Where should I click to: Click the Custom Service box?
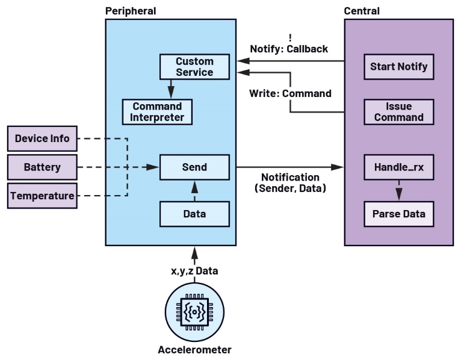[194, 67]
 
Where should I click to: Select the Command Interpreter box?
[158, 112]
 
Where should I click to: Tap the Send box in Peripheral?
[194, 167]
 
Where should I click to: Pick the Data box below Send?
[194, 214]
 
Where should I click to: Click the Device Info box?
[42, 139]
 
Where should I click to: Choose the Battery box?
[42, 167]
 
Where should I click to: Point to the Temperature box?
[42, 196]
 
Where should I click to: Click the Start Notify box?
[398, 66]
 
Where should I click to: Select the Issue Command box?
[398, 112]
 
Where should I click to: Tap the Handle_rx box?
[398, 167]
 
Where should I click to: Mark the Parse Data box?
[398, 214]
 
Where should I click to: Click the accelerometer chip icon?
[194, 312]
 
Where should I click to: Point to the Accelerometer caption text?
[194, 350]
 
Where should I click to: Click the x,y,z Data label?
[194, 271]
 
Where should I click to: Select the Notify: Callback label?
[289, 49]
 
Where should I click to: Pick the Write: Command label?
[290, 93]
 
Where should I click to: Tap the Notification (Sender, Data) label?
[290, 182]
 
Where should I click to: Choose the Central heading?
[362, 11]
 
